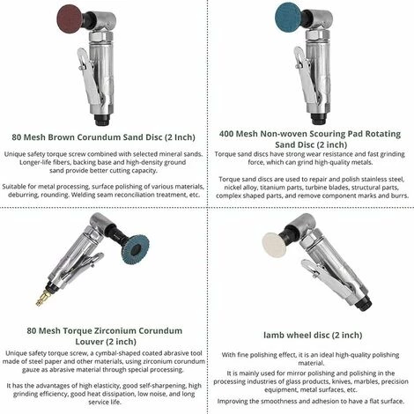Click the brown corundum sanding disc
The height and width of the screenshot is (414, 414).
tap(70, 19)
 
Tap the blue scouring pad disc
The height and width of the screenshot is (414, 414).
tap(288, 18)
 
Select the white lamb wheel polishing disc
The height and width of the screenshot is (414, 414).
tap(274, 245)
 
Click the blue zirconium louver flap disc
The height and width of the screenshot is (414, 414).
tap(136, 248)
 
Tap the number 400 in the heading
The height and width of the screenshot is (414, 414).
tap(226, 134)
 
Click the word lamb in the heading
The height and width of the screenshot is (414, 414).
tap(273, 335)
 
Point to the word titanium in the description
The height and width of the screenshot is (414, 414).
tap(265, 188)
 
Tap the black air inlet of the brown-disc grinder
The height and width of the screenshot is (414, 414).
tap(103, 119)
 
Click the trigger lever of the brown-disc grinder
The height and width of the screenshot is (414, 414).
tap(90, 77)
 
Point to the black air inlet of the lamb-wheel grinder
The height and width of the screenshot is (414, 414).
tap(364, 305)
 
